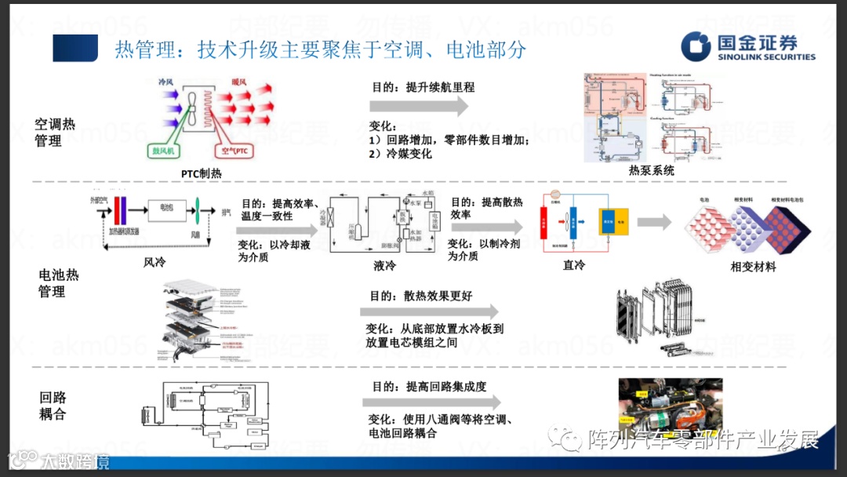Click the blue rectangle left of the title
coord(75,49)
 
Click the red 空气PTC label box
coord(234,150)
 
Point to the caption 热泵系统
coord(651,170)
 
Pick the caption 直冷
coord(574,265)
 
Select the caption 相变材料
coord(753,267)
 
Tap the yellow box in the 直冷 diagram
coord(611,222)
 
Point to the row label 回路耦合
coord(53,406)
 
